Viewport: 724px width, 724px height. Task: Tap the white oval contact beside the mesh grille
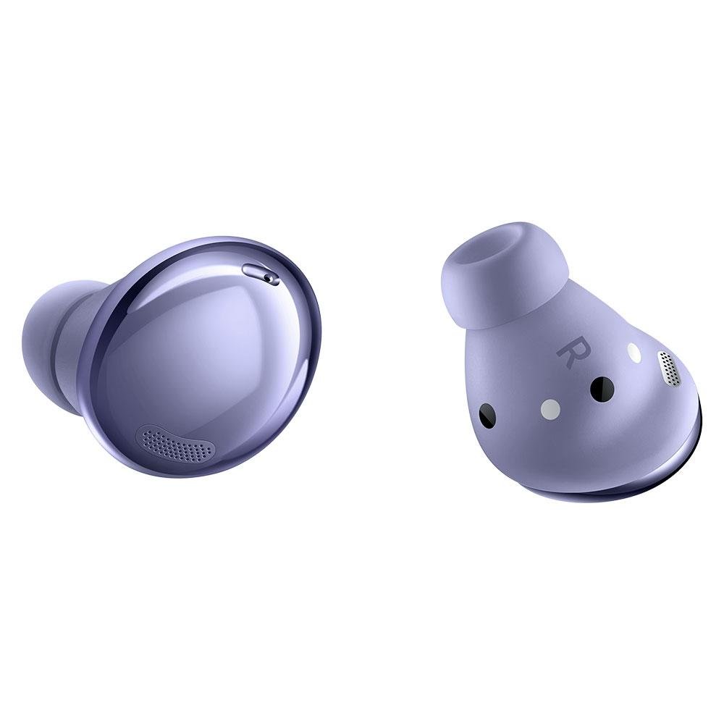pos(635,352)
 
